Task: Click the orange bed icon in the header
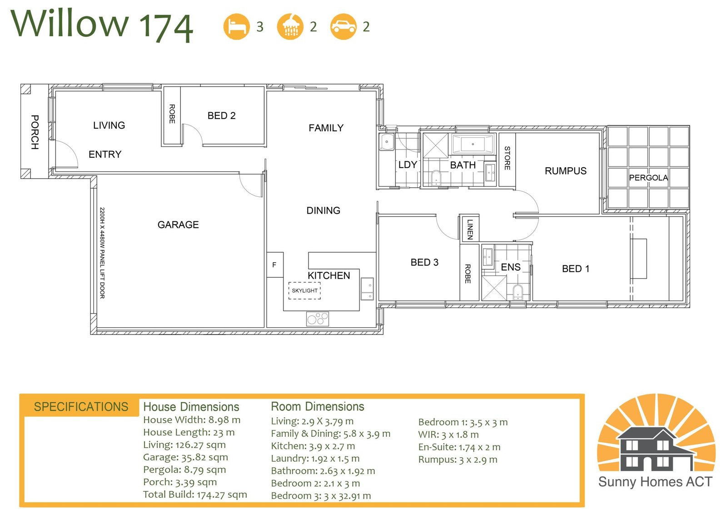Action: coord(237,27)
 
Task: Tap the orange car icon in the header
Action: coord(344,27)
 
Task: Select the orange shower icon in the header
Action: coord(290,27)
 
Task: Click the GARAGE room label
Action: coord(178,225)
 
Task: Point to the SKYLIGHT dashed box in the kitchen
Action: coord(304,290)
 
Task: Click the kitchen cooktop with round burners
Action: coord(318,319)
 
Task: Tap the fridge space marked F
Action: coord(275,264)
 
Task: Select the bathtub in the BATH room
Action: coord(473,144)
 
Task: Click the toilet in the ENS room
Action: coord(518,292)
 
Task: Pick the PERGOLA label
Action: coord(648,178)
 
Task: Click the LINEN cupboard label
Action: coord(470,229)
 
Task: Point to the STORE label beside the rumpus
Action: coord(507,158)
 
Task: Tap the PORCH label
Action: coord(35,132)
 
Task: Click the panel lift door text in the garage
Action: coord(102,253)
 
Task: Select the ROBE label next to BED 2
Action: coord(172,114)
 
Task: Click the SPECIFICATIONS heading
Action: coord(81,407)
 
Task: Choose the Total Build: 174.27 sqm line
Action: coord(195,494)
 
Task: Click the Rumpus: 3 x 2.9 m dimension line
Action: coord(458,459)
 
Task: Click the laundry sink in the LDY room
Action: coord(387,142)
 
